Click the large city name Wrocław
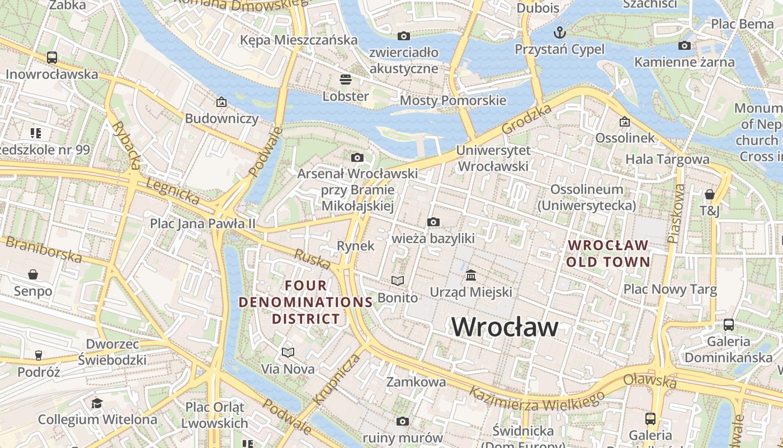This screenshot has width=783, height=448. click(505, 327)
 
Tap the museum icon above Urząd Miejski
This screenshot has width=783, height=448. click(471, 275)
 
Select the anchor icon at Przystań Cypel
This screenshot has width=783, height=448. click(559, 31)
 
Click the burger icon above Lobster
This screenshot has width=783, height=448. click(346, 79)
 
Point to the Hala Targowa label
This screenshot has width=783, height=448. click(667, 159)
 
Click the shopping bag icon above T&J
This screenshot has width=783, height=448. click(709, 194)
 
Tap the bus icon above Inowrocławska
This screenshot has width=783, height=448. click(52, 57)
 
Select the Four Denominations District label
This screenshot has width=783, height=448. click(305, 302)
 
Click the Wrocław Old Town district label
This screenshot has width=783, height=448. click(608, 253)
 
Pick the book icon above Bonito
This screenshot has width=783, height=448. click(398, 281)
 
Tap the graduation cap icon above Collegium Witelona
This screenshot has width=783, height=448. click(97, 403)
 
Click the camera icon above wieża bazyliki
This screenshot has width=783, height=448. click(433, 222)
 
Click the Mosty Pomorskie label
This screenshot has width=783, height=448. click(452, 101)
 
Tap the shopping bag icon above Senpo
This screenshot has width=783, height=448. click(33, 274)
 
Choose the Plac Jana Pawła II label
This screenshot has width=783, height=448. click(202, 223)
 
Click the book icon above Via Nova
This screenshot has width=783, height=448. click(288, 352)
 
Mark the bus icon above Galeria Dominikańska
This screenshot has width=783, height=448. click(728, 324)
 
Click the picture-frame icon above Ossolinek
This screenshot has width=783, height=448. click(625, 122)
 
